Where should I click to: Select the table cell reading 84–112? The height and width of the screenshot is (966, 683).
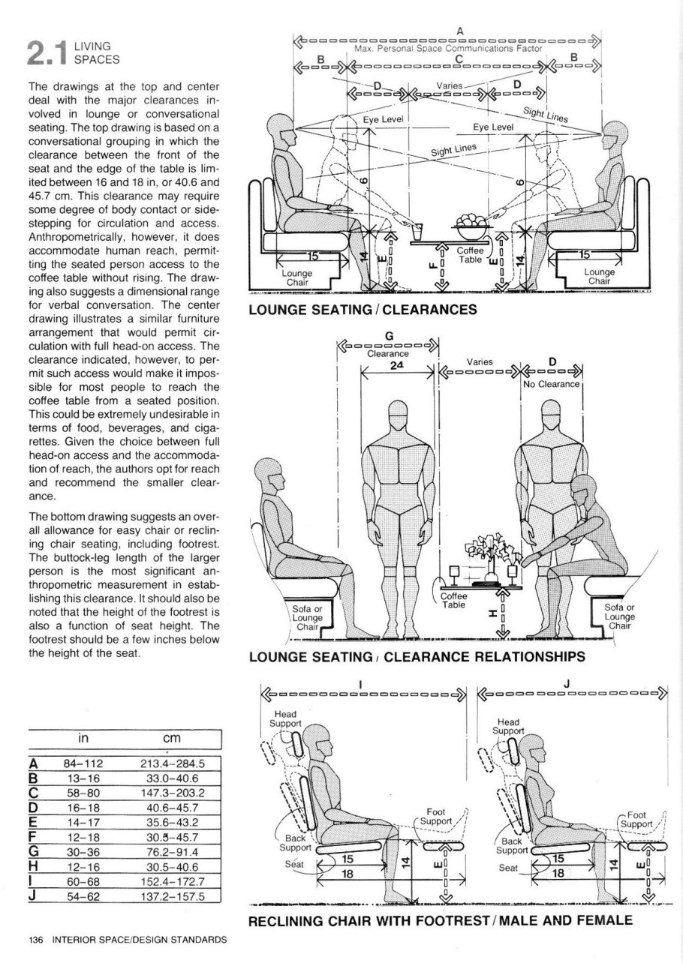(x=83, y=764)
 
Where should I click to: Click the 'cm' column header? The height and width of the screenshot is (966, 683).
(x=173, y=739)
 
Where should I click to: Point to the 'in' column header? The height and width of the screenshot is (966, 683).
(x=83, y=739)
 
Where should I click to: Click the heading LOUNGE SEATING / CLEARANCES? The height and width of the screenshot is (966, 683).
(x=363, y=309)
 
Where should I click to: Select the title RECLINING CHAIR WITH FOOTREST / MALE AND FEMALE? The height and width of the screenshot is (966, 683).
(x=441, y=920)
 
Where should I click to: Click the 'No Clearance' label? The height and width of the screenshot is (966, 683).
(x=552, y=385)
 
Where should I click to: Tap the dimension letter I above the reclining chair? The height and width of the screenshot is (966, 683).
(x=361, y=684)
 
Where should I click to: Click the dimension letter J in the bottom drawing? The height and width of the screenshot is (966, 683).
(x=567, y=684)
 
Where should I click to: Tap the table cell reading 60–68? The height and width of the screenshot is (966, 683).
(x=83, y=882)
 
